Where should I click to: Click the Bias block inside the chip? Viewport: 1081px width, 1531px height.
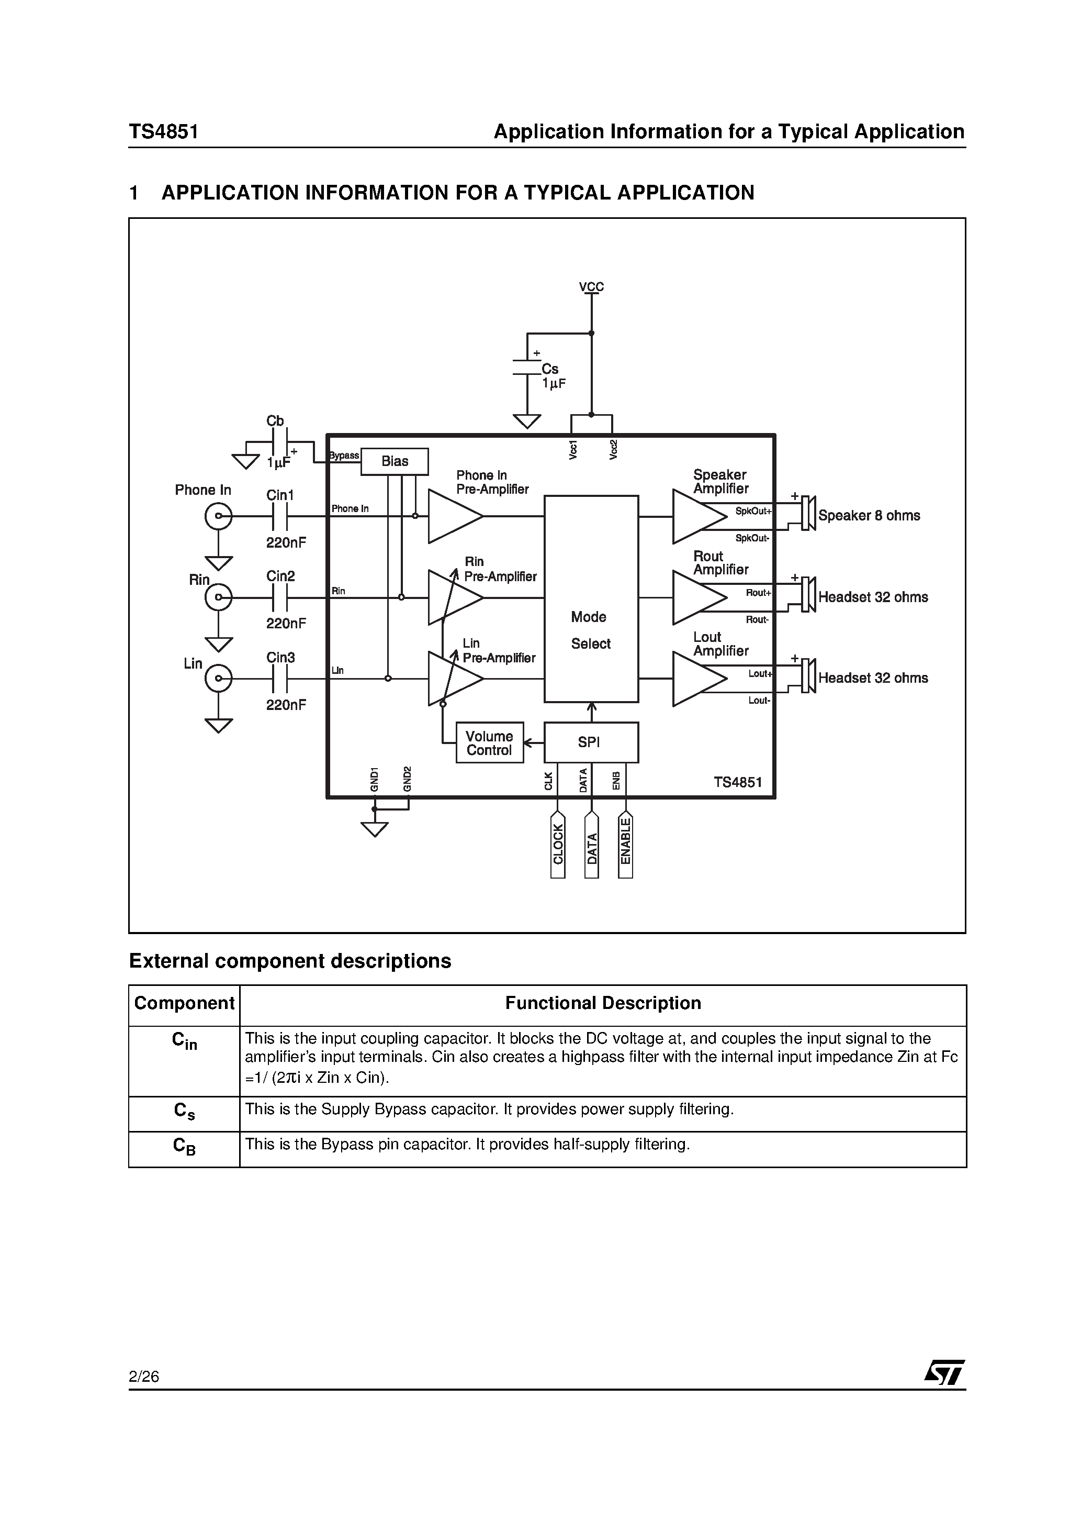pos(395,461)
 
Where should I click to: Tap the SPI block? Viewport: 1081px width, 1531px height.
pos(591,742)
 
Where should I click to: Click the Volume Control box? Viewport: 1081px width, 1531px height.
pos(490,743)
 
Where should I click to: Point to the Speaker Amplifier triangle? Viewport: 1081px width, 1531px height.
pos(696,517)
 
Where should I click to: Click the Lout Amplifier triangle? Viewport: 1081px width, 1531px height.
pos(696,679)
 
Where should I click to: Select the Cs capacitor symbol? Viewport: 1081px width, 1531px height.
pos(526,368)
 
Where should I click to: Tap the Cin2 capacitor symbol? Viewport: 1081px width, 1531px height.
pos(280,598)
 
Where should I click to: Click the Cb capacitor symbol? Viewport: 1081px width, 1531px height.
pos(280,441)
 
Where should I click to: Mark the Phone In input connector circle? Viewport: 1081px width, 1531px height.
pos(219,516)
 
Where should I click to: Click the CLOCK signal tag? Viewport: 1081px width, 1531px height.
pos(558,844)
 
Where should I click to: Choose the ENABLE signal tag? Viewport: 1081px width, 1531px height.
pos(625,844)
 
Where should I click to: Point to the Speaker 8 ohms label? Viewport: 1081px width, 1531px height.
pos(869,516)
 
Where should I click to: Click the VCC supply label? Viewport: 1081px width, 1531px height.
pos(591,287)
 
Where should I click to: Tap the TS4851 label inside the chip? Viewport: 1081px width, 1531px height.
pos(738,782)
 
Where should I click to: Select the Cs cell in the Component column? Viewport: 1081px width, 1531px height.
pos(184,1111)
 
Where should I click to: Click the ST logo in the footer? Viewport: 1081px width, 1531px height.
pos(944,1373)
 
